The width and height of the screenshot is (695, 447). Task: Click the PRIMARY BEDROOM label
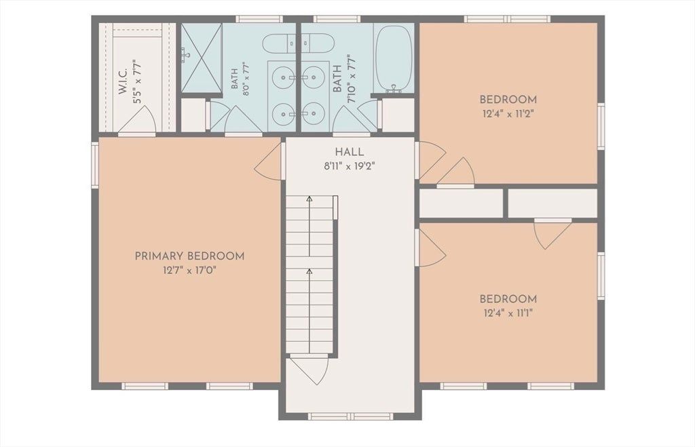point(189,256)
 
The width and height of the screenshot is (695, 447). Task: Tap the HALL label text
point(350,152)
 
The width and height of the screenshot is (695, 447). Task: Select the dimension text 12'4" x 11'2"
point(508,113)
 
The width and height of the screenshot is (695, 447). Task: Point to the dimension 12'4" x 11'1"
point(508,313)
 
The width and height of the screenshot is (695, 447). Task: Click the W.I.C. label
point(123,81)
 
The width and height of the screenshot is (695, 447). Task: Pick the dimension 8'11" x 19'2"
point(350,167)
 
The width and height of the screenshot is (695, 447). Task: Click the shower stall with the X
point(201,58)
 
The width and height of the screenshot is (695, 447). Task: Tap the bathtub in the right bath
point(394,59)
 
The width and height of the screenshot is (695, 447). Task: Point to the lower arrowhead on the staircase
point(309,270)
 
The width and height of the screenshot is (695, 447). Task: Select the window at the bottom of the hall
point(350,416)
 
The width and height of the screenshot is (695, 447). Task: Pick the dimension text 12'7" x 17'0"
point(189,270)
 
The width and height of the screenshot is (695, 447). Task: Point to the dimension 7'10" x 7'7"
point(352,79)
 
